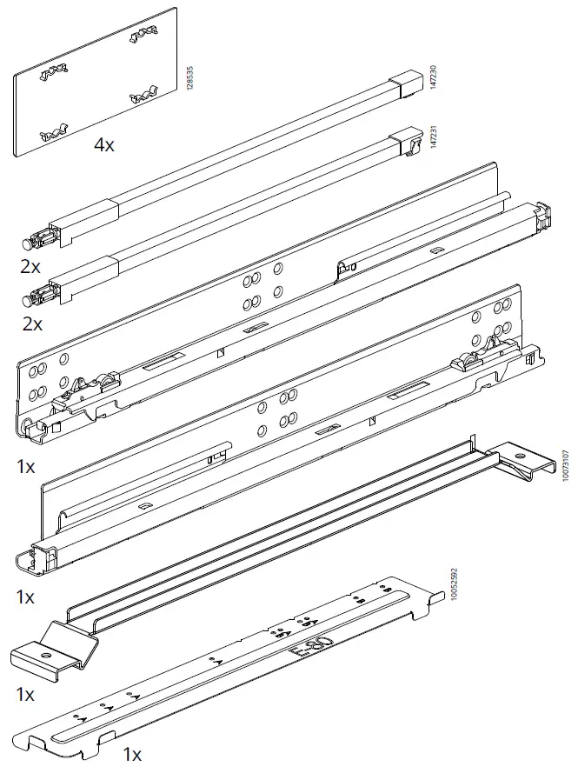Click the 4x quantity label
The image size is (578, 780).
tap(104, 145)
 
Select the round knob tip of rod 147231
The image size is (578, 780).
tap(24, 300)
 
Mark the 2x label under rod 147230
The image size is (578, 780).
tap(31, 268)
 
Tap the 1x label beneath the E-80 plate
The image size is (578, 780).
tap(132, 754)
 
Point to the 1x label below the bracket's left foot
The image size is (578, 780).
tap(26, 695)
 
